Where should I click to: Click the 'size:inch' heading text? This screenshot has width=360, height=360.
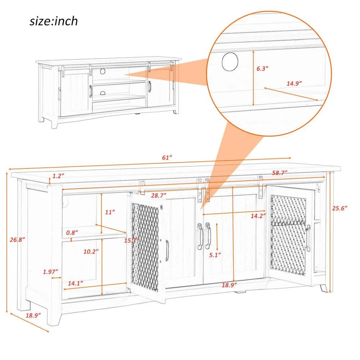coord(54,21)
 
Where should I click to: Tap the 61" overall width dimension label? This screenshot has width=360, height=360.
coord(167,158)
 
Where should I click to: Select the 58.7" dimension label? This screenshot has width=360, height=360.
coord(280,173)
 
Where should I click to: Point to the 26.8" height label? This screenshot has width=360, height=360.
coord(17,240)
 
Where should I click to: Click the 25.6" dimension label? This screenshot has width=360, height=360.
coord(339,208)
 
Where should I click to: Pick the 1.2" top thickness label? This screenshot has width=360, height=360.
coord(58,176)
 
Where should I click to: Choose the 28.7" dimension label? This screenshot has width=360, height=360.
coord(159,195)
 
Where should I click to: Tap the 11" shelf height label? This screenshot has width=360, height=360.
coord(110,212)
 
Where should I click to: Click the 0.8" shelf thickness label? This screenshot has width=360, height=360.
coord(72,233)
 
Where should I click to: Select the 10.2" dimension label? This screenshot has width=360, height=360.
coord(91,252)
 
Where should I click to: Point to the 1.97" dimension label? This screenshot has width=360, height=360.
coord(50,272)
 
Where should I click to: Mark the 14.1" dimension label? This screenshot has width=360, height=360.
coord(75,283)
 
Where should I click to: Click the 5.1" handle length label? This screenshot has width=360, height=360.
coord(215,255)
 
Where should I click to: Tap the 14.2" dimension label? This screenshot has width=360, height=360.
coord(258,216)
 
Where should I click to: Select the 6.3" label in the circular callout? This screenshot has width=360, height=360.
coord(262,68)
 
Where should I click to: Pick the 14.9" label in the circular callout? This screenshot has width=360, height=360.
coord(294,84)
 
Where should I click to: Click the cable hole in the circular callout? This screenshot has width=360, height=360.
coord(230,62)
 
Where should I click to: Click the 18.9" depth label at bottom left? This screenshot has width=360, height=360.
coord(33,315)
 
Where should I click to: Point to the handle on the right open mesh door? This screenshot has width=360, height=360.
coord(308,238)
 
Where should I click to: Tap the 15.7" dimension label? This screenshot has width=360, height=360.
coord(132,240)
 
